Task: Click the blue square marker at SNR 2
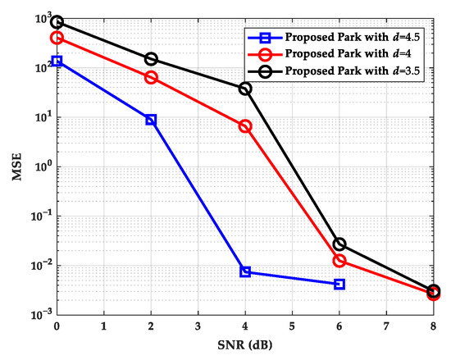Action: pos(151,120)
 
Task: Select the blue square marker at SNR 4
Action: pos(245,271)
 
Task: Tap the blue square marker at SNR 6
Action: pos(339,284)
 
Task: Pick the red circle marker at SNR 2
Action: pos(151,77)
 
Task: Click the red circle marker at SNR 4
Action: pos(245,126)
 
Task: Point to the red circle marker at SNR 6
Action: pos(339,261)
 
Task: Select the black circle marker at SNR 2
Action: pos(151,59)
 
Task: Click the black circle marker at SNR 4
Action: pos(245,88)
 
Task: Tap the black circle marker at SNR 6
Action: pos(339,244)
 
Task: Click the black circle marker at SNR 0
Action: pos(57,22)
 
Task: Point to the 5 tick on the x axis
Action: pos(292,328)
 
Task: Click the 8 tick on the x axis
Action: pos(434,328)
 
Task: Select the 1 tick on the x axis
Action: pos(103,328)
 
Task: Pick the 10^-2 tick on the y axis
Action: pos(39,265)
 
